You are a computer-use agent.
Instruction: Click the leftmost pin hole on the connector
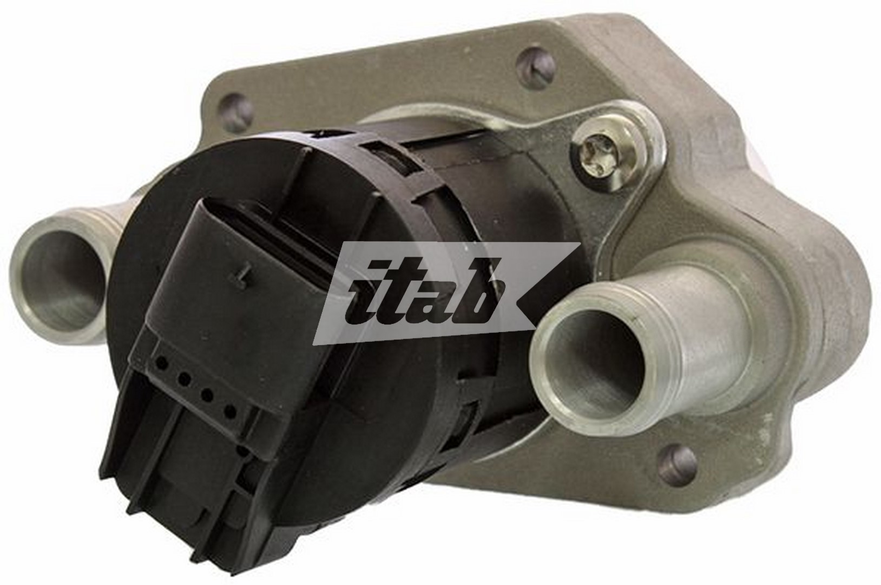click(160, 360)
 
